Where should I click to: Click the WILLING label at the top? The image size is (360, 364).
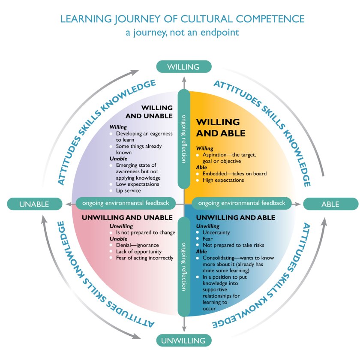[x=183, y=67]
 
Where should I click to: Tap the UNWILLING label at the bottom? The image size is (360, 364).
[x=183, y=341]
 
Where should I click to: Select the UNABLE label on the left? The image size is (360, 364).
[x=34, y=204]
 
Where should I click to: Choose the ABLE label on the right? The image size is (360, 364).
[x=330, y=204]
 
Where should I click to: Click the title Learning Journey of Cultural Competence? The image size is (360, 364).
[x=183, y=19]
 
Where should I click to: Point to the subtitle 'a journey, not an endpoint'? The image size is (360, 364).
[x=182, y=32]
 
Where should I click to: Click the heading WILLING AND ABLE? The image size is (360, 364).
[x=221, y=128]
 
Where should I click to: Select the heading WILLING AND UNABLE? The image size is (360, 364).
[x=149, y=111]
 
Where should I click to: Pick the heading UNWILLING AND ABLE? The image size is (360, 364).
[x=236, y=218]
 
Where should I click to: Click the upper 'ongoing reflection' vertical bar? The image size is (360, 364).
[x=184, y=138]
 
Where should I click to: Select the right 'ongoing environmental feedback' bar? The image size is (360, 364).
[x=242, y=203]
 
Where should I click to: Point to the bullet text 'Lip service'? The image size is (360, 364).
[x=128, y=190]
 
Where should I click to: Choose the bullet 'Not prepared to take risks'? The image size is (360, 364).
[x=233, y=245]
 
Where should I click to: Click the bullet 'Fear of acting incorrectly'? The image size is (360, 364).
[x=145, y=258]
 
